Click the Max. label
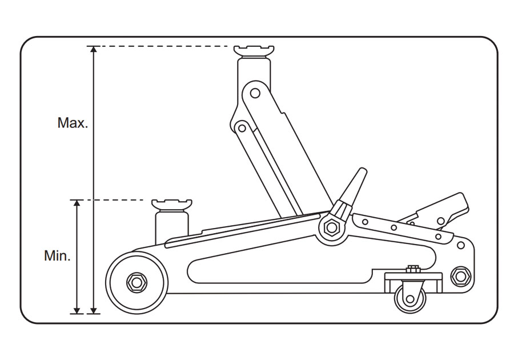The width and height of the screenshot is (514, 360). click(x=73, y=123)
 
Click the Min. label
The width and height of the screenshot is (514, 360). click(x=57, y=256)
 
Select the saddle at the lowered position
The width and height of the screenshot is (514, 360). click(x=171, y=205)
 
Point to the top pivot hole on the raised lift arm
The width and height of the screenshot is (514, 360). click(x=255, y=91)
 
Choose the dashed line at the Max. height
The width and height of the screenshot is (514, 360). click(x=166, y=46)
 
